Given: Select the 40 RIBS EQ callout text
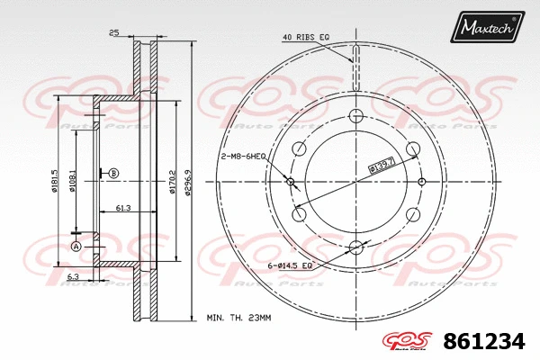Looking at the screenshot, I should (x=305, y=37).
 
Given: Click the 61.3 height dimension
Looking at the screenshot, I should (x=124, y=208).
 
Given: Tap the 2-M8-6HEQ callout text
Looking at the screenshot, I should (x=241, y=156).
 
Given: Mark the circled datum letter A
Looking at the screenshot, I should (x=76, y=246).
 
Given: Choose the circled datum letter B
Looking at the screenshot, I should (x=113, y=173).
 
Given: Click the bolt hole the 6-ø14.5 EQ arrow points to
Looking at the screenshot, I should (x=355, y=247).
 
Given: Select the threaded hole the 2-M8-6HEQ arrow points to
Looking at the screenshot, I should (x=291, y=183).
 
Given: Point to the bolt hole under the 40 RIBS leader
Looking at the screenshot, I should (x=355, y=115).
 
